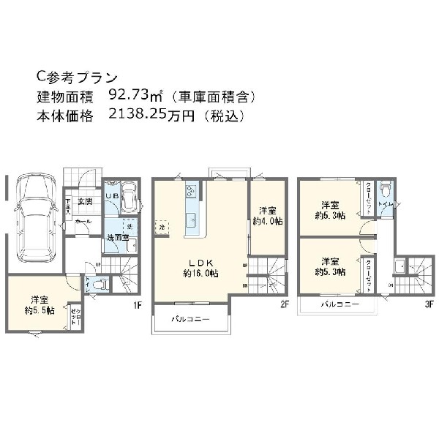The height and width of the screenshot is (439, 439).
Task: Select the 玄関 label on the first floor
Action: (x=85, y=200)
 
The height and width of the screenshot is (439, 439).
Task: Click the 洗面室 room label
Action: (x=116, y=238)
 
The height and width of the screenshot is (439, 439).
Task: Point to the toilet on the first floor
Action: (x=100, y=284)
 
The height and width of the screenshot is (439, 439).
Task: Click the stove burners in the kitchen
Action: (x=191, y=191)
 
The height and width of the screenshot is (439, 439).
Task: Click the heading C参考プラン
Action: (x=76, y=76)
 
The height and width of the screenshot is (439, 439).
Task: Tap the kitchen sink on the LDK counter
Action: (x=192, y=219)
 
